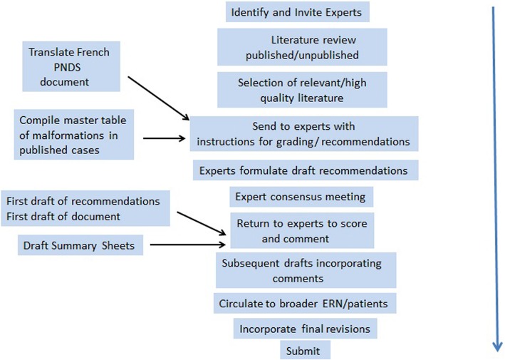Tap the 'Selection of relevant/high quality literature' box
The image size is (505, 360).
pos(302,90)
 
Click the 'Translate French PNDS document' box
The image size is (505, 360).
pos(69,67)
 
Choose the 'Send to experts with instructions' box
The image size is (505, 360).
pos(303,134)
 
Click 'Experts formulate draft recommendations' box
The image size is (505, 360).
pos(304,170)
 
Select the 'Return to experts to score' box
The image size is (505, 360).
pos(303,231)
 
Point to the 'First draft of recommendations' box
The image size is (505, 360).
pos(85,207)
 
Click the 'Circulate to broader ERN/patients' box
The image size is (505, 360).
pos(304,303)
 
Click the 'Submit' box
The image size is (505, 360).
pos(303,350)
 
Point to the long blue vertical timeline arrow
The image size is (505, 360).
pos(492,178)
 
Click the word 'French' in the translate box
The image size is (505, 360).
pos(95,52)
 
